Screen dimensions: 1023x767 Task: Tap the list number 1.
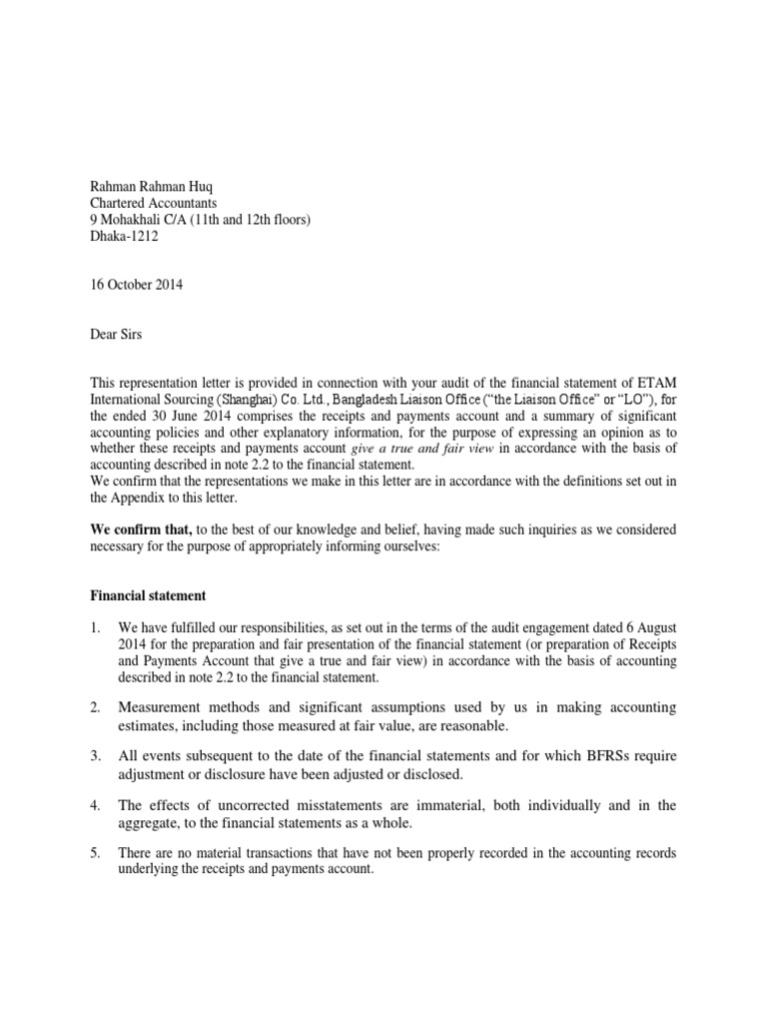(x=94, y=627)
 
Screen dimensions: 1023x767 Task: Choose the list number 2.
(x=94, y=708)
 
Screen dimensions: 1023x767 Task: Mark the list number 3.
(x=94, y=756)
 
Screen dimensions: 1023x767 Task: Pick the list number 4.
(x=94, y=805)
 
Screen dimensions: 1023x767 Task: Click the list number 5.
(x=94, y=853)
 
